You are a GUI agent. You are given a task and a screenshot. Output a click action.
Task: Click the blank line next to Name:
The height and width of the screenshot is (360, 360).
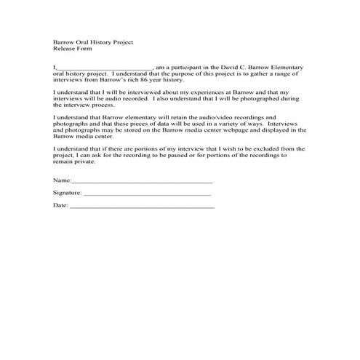tap(143, 180)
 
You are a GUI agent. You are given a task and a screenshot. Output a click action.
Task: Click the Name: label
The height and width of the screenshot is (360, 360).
tap(63, 179)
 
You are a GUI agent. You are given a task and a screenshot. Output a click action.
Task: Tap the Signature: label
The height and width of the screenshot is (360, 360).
tap(68, 193)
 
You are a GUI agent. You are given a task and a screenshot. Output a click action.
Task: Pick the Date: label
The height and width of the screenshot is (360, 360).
tap(60, 206)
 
